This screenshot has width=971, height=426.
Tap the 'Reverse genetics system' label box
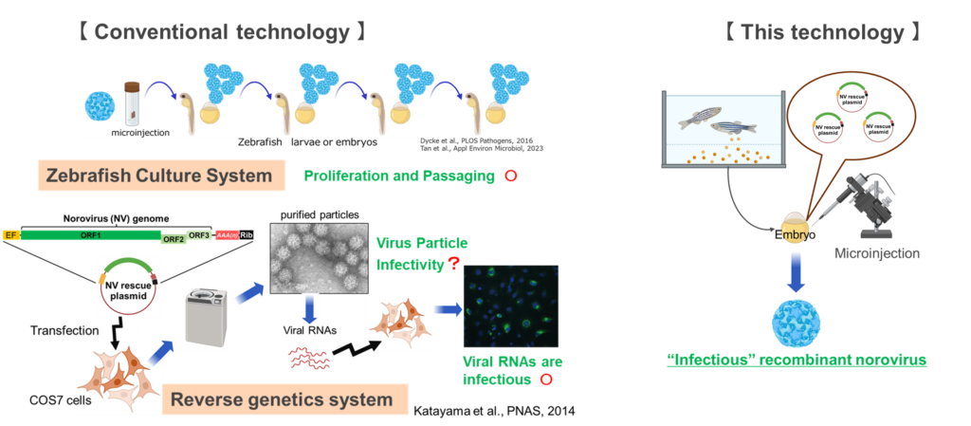click(x=281, y=399)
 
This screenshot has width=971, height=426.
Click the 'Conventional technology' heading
click(x=221, y=32)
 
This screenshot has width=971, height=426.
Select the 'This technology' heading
click(x=821, y=32)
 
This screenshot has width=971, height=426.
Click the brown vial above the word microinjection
click(x=132, y=102)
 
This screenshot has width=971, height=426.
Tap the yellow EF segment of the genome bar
click(x=10, y=234)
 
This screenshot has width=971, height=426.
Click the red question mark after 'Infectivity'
click(x=453, y=265)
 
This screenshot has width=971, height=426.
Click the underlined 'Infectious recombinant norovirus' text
click(x=796, y=361)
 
